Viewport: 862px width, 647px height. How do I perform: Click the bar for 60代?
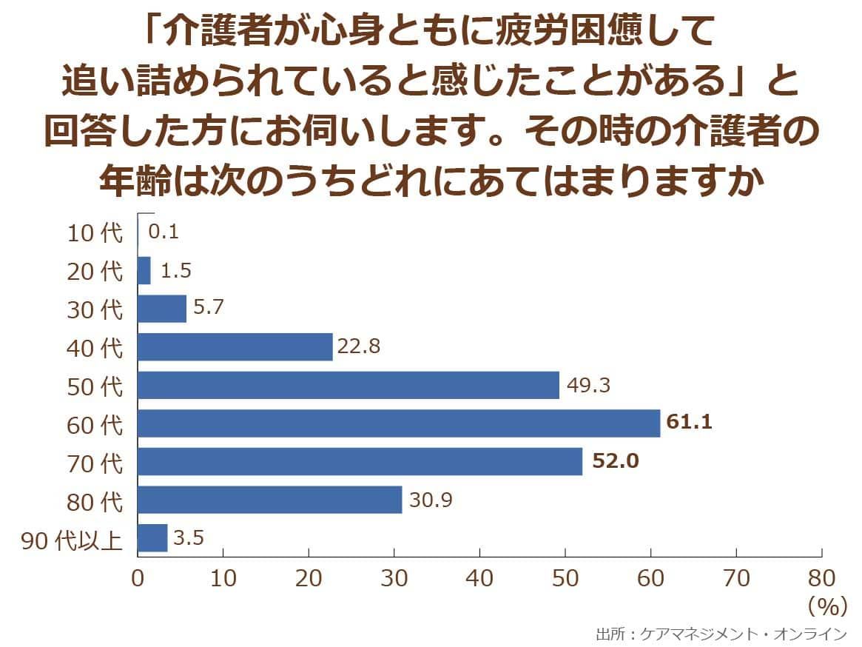[398, 423]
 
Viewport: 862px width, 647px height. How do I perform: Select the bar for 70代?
[360, 462]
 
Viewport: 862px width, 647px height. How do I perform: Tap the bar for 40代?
[235, 346]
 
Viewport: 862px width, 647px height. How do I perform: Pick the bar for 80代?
[269, 500]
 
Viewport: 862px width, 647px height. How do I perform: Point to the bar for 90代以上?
[152, 538]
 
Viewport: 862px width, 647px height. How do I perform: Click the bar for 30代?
[162, 309]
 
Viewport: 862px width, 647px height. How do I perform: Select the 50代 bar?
[348, 385]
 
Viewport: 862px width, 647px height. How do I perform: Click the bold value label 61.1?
[689, 423]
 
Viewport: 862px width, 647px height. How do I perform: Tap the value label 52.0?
[615, 462]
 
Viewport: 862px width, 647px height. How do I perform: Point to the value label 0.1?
[164, 232]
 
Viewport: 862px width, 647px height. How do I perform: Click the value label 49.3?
[588, 385]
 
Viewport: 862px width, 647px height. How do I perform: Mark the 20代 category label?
[95, 271]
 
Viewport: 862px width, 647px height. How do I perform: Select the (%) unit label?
[826, 606]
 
